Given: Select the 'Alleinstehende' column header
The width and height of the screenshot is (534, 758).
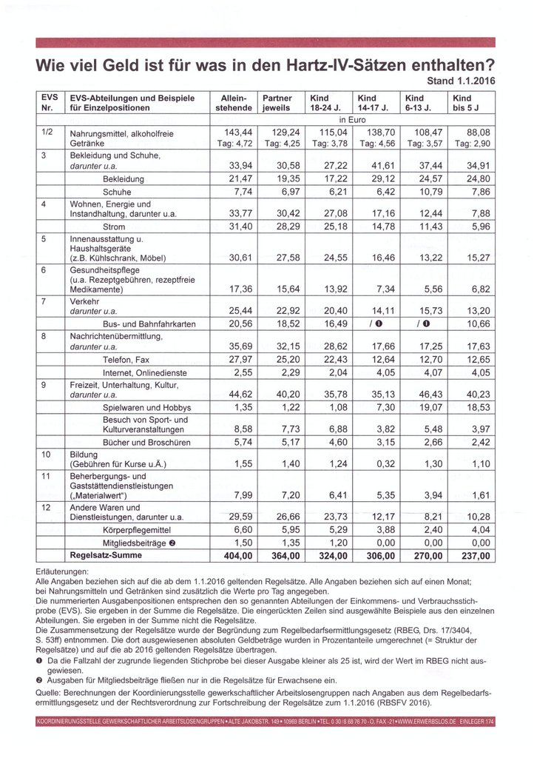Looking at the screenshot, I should click(x=233, y=103).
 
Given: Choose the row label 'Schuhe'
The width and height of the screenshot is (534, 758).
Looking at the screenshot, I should click(x=118, y=191).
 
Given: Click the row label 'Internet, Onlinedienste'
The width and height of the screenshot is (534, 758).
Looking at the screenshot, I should click(x=144, y=372).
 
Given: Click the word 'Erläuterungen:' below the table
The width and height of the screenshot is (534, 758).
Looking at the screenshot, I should click(x=61, y=572).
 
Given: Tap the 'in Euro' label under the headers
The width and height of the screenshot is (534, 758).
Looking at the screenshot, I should click(x=353, y=118).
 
